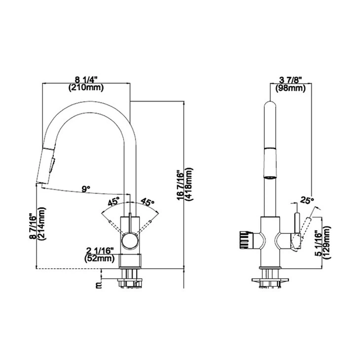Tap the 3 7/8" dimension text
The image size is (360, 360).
tap(290, 79)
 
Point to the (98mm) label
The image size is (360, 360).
tap(290, 88)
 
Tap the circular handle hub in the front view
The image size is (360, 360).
tap(131, 241)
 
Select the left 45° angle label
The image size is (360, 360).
tap(113, 202)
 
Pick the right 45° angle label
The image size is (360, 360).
tap(148, 202)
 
